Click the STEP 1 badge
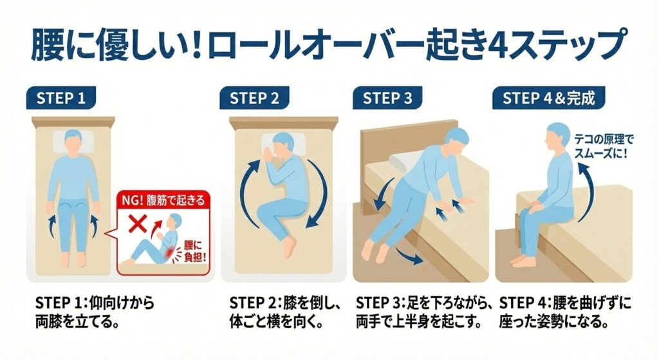click(x=61, y=98)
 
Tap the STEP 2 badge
click(x=254, y=98)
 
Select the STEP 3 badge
click(x=387, y=98)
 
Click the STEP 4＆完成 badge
click(x=549, y=98)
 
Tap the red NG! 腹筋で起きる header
click(x=163, y=200)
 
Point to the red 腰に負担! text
click(x=193, y=251)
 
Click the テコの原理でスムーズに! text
click(x=604, y=146)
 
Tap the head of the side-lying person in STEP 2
click(x=283, y=145)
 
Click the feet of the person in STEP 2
click(x=290, y=247)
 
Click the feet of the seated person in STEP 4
click(x=523, y=261)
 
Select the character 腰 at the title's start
click(x=46, y=45)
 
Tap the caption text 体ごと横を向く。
click(x=277, y=322)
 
